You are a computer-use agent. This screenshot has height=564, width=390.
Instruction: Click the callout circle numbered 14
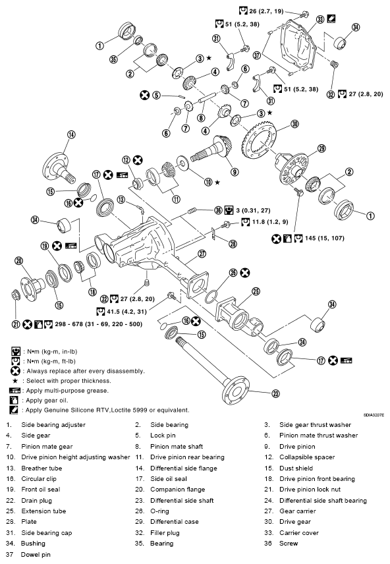click(70, 136)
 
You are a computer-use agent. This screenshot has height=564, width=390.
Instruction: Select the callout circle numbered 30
click(294, 123)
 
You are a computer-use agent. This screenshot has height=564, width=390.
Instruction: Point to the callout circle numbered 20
click(19, 260)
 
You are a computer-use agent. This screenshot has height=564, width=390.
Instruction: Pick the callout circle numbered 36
click(218, 210)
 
